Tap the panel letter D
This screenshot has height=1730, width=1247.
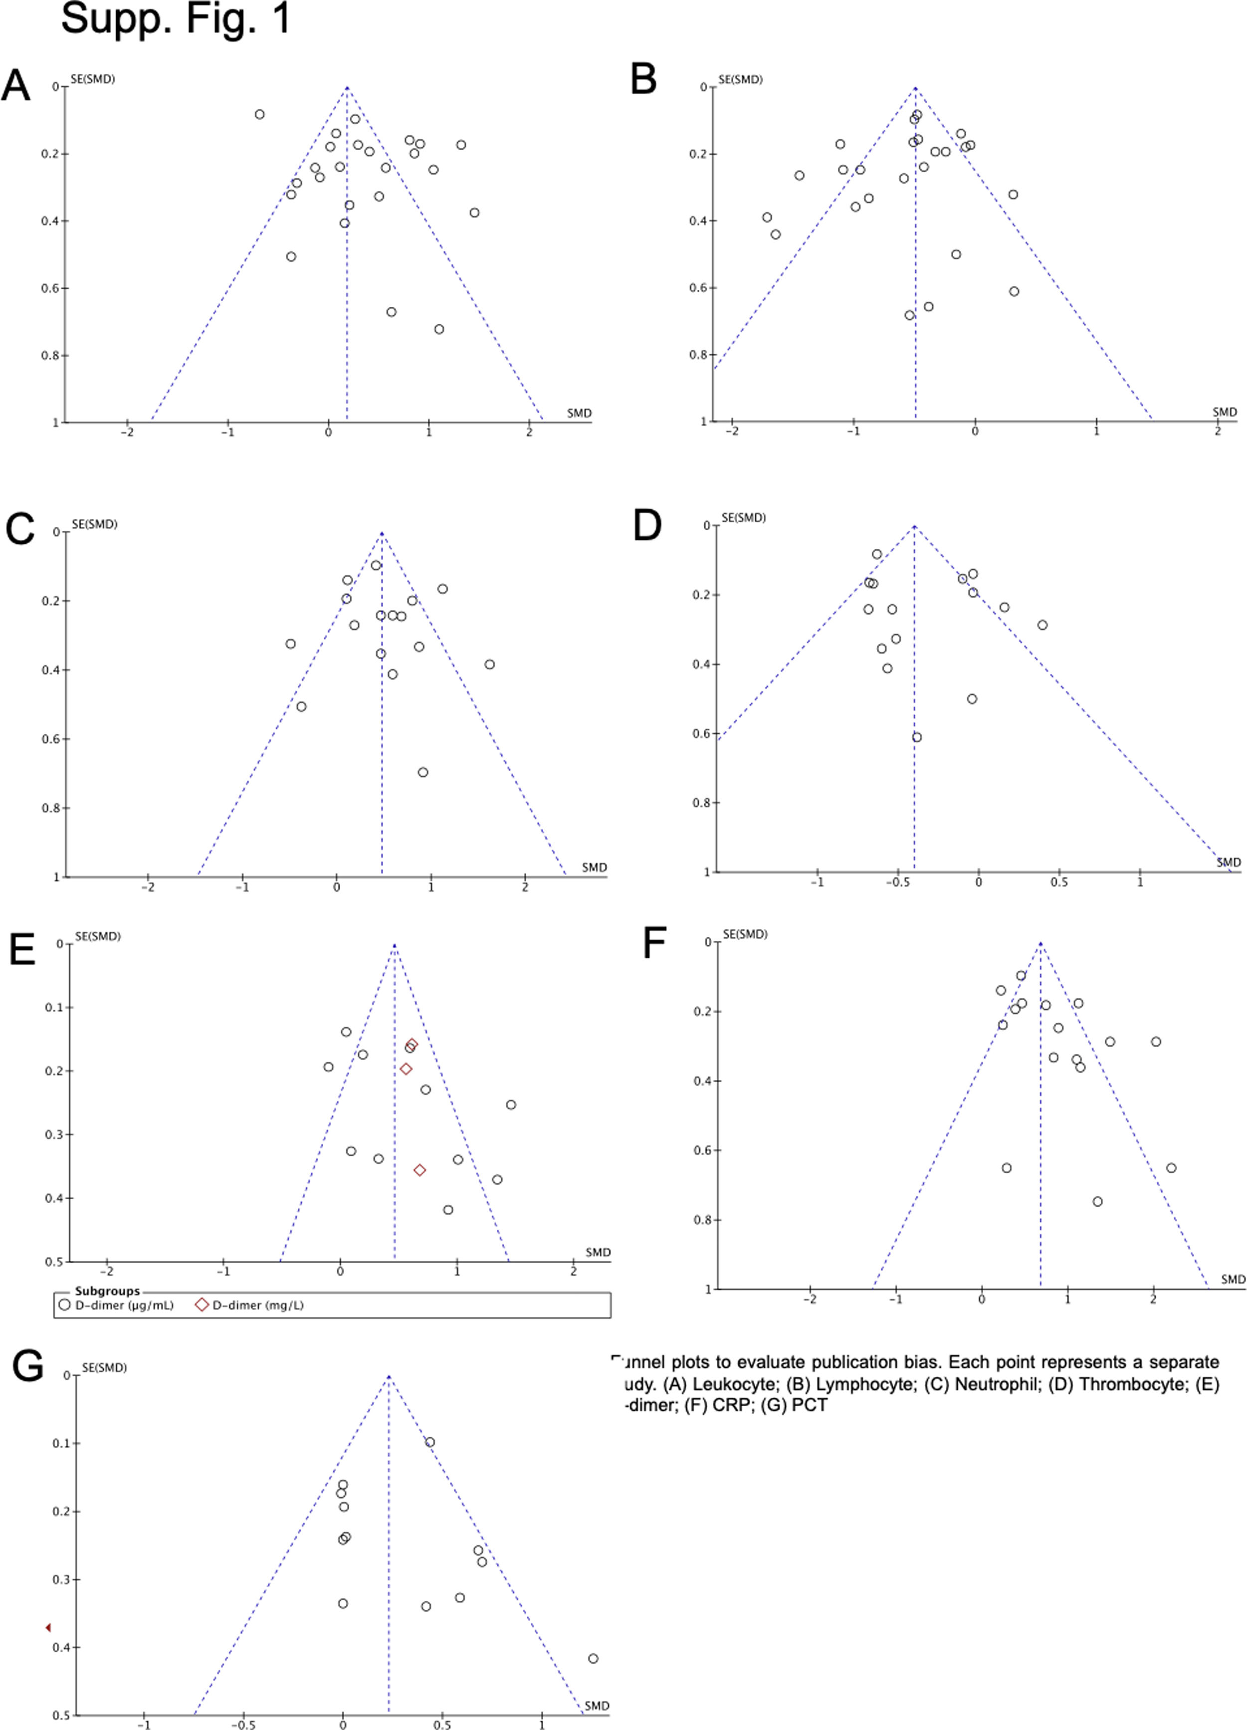[x=647, y=526]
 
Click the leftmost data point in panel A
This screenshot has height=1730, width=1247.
[x=260, y=114]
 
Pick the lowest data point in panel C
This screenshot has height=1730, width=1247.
[x=422, y=772]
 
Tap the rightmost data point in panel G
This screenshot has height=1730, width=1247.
[x=593, y=1658]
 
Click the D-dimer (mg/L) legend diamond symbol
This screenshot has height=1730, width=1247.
[x=202, y=1305]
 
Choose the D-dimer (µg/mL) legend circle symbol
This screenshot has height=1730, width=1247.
[x=65, y=1305]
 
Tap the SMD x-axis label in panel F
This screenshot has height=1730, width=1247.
[x=1233, y=1279]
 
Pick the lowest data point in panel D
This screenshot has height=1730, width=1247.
[x=917, y=737]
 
